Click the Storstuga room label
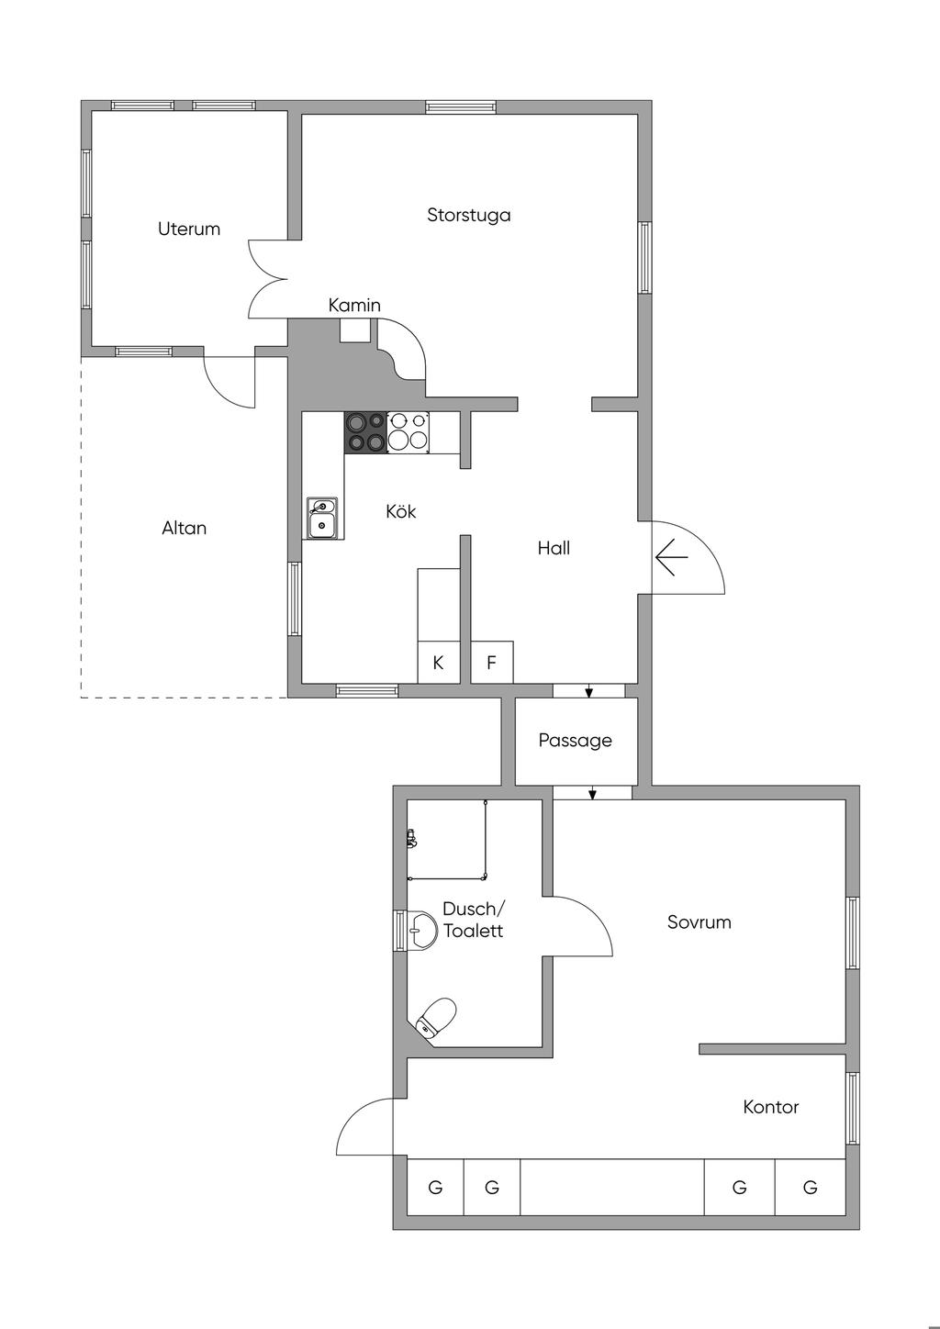(x=468, y=215)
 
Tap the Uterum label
(x=189, y=229)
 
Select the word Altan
(x=185, y=528)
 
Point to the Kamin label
(x=354, y=305)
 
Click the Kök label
(x=401, y=511)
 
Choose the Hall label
(x=554, y=548)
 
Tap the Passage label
(x=575, y=740)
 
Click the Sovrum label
(x=699, y=922)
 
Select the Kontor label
(x=771, y=1107)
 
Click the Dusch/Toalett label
(x=473, y=920)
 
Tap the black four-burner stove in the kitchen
(x=365, y=431)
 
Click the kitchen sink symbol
(x=321, y=518)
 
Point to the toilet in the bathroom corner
(x=436, y=1018)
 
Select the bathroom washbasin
(x=420, y=931)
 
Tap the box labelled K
(x=438, y=662)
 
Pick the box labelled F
(x=492, y=662)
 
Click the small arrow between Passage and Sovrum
(x=592, y=793)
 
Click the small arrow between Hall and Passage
(x=588, y=691)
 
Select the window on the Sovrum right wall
(x=853, y=933)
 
